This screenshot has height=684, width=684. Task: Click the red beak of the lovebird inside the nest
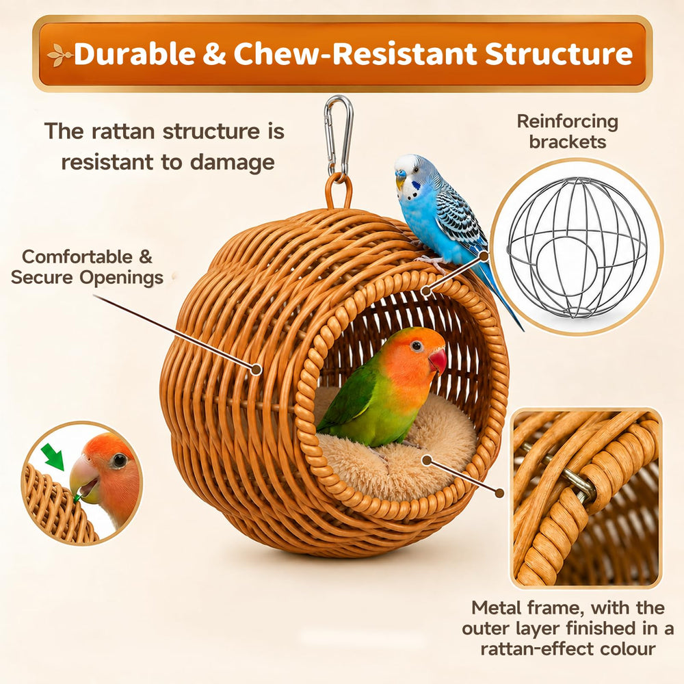(438, 361)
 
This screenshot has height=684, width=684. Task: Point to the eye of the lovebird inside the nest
(417, 346)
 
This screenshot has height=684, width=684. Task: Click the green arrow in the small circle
(53, 456)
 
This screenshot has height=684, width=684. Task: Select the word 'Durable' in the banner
(135, 53)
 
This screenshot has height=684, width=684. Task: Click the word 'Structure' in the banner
(559, 53)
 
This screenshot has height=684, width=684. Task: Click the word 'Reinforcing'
(568, 122)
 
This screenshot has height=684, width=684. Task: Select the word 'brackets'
(568, 142)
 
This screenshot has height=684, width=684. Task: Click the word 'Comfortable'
(77, 256)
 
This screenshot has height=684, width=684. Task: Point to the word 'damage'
(232, 163)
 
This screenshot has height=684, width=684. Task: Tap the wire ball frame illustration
(577, 247)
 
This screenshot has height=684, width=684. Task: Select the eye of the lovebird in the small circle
(118, 460)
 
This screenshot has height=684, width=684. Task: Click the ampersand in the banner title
(214, 54)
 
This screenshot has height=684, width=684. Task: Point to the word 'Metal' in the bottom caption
(497, 607)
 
